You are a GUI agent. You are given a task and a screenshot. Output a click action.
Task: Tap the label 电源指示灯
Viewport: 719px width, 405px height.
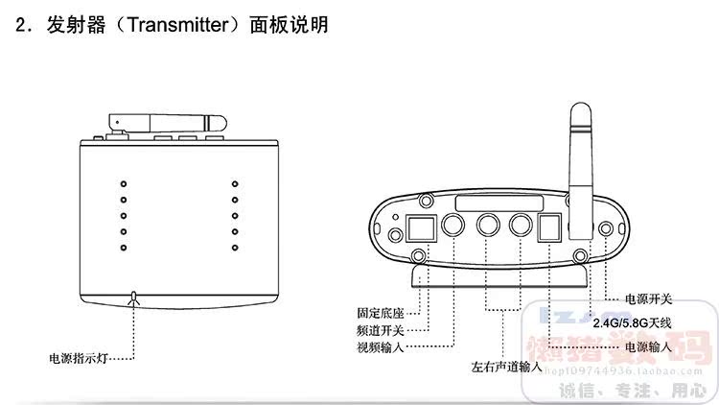[x=81, y=358]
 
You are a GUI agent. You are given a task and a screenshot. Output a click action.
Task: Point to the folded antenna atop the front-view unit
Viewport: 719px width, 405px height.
[x=169, y=122]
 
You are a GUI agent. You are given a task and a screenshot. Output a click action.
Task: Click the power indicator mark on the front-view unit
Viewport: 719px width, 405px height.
[x=135, y=298]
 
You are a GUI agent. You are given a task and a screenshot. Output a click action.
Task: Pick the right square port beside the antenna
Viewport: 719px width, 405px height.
[x=550, y=227]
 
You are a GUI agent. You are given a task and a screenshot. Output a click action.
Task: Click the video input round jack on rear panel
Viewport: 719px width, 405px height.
[x=452, y=226]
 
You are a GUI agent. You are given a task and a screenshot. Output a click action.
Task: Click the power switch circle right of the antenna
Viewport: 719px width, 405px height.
[x=606, y=229]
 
